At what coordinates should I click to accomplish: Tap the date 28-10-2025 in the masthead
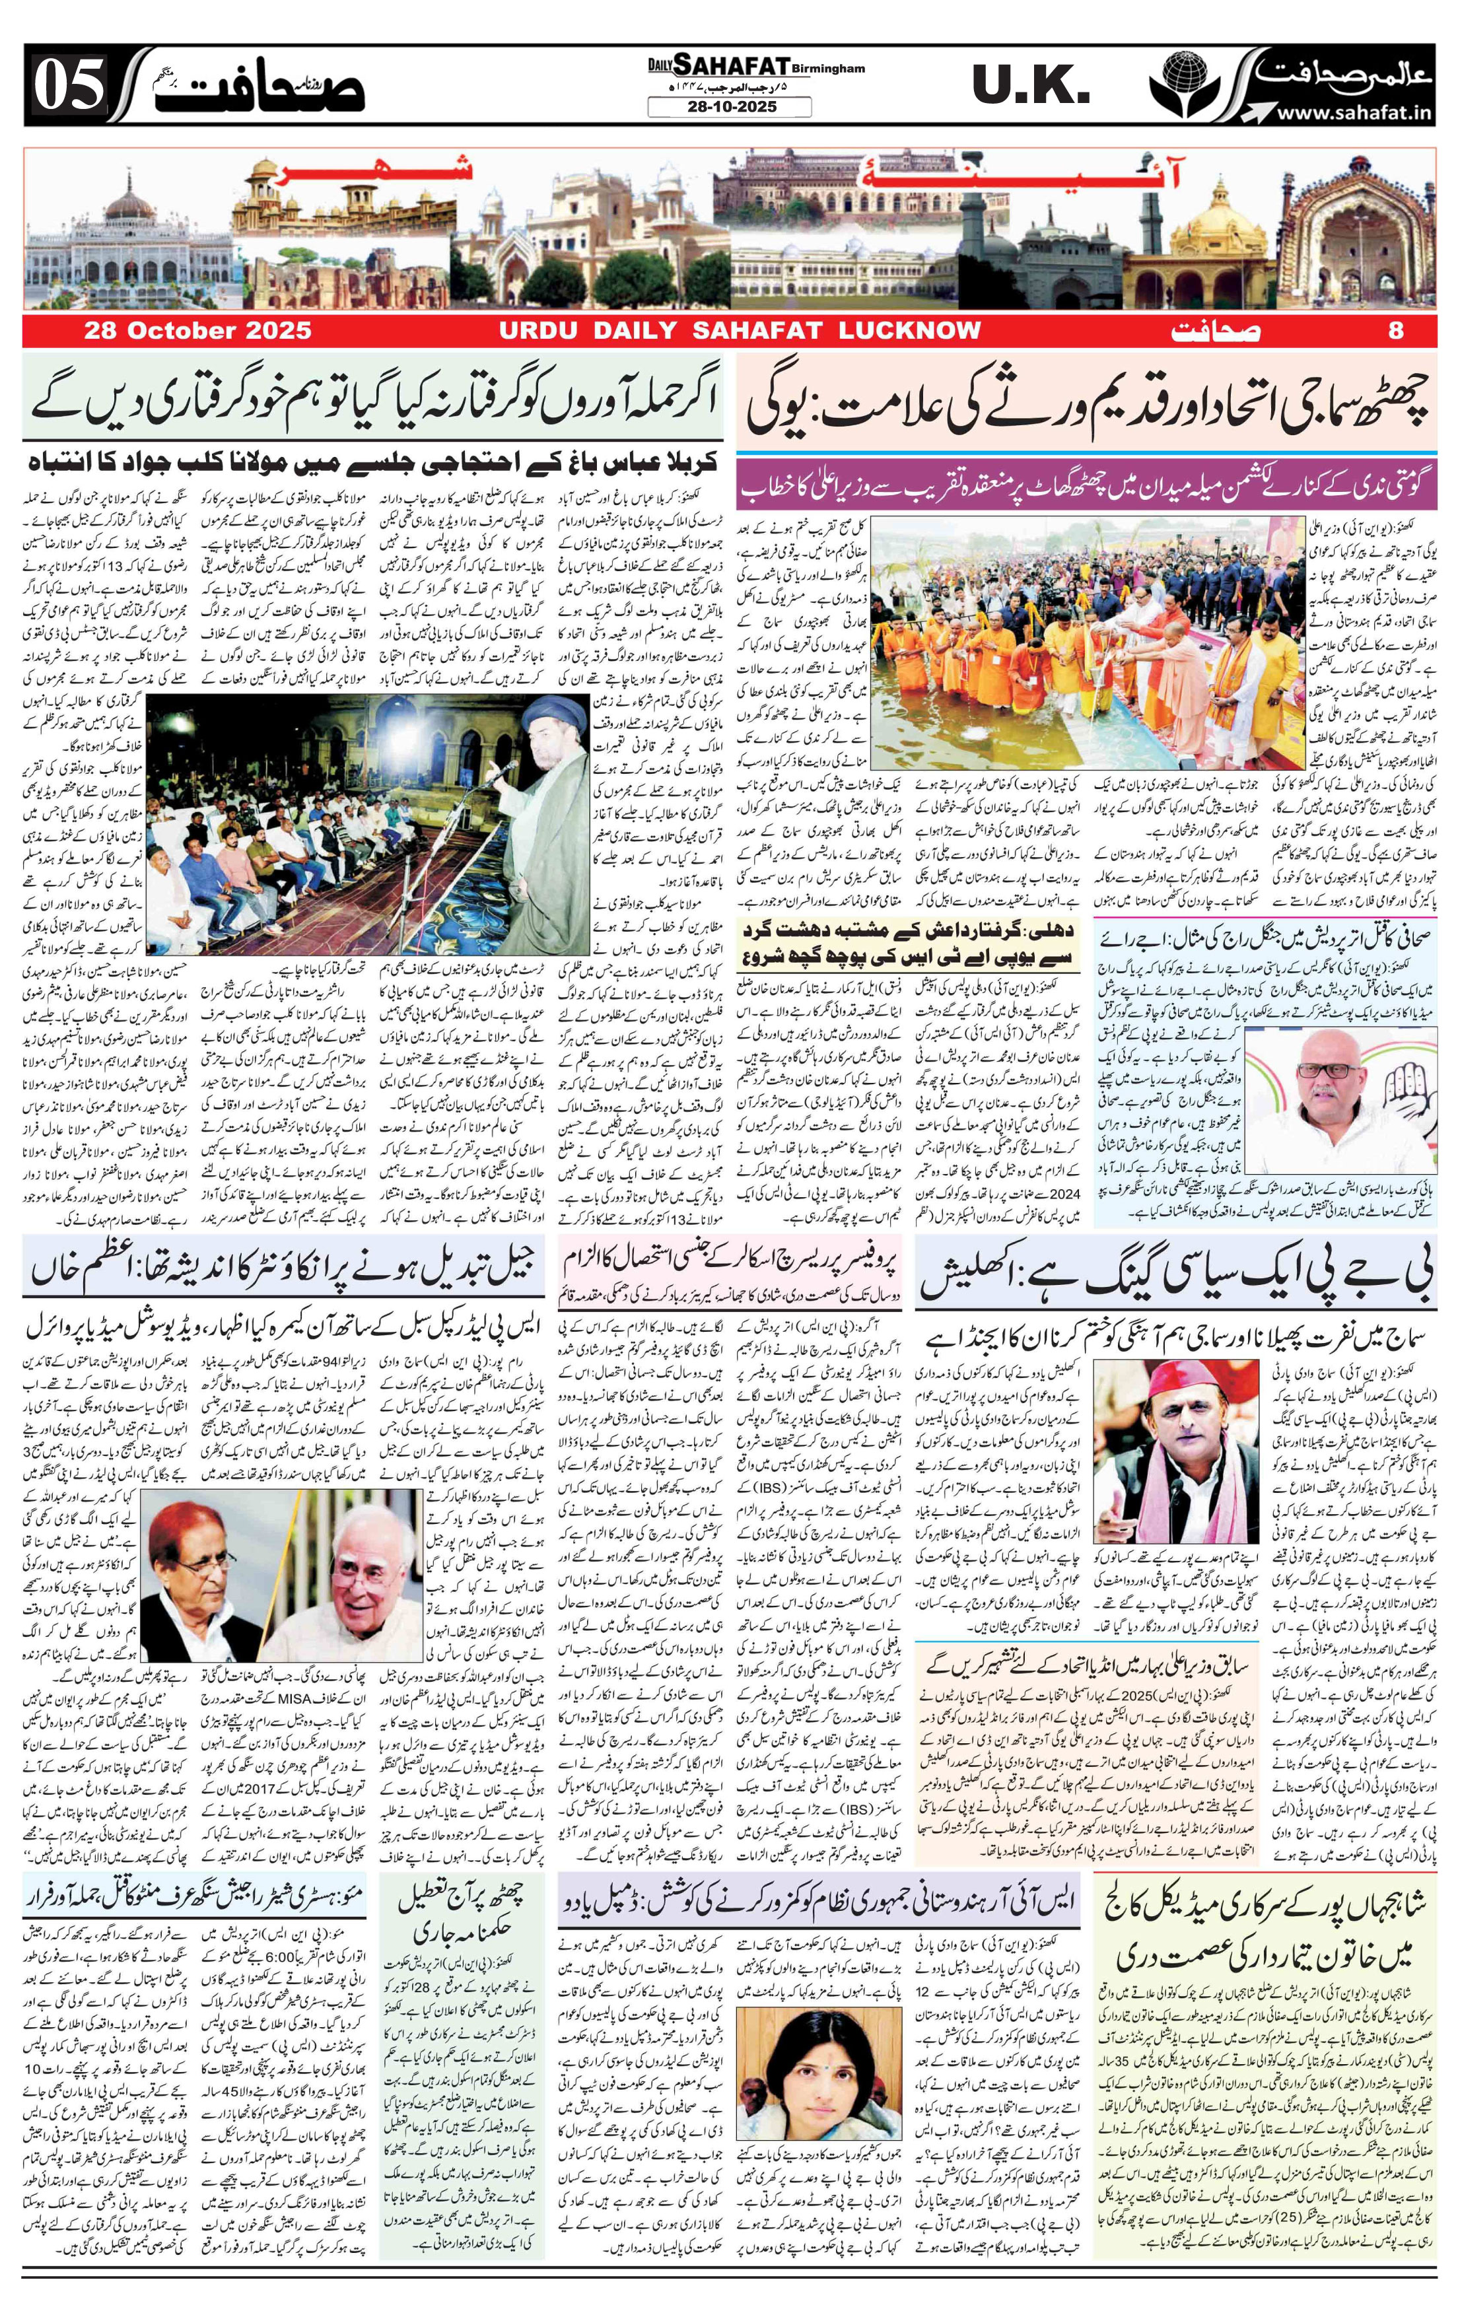[x=728, y=107]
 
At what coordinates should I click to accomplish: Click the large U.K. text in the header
[x=1029, y=88]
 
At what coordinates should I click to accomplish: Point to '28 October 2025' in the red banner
[x=197, y=330]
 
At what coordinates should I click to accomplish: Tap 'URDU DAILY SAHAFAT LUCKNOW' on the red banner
[x=739, y=330]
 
